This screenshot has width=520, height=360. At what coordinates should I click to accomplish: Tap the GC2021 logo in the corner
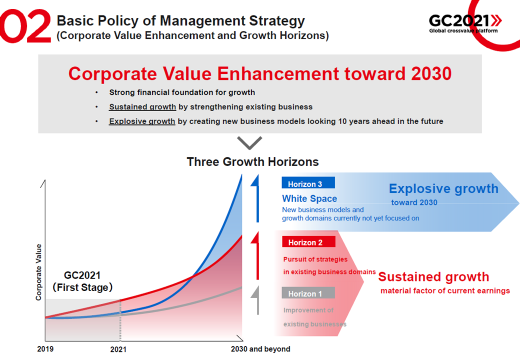(465, 23)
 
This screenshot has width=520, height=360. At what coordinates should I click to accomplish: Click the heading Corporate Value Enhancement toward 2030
(259, 73)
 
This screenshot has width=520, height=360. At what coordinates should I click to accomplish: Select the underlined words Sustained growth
(142, 106)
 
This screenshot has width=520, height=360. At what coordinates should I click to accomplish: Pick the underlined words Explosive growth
(142, 121)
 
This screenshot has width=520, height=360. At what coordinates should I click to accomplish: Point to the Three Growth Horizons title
(252, 162)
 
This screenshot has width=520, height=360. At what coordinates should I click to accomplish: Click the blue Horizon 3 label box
(308, 183)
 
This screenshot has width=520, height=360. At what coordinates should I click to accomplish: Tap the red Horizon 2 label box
(308, 241)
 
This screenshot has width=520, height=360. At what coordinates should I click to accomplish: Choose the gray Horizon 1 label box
(308, 292)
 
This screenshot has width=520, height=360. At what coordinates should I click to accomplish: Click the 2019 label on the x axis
(45, 348)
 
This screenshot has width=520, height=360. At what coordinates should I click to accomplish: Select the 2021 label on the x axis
(118, 349)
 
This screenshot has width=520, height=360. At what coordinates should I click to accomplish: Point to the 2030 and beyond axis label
(260, 349)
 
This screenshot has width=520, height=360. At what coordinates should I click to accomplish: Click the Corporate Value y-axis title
(38, 272)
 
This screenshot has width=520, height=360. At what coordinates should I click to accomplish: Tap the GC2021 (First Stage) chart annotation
(82, 281)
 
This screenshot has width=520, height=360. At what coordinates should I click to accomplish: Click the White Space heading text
(309, 198)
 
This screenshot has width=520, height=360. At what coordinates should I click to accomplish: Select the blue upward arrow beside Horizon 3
(255, 198)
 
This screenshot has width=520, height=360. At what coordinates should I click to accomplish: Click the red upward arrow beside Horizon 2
(255, 255)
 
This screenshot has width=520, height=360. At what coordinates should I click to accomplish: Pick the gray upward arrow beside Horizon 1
(255, 300)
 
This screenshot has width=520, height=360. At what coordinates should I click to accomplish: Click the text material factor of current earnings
(445, 291)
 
